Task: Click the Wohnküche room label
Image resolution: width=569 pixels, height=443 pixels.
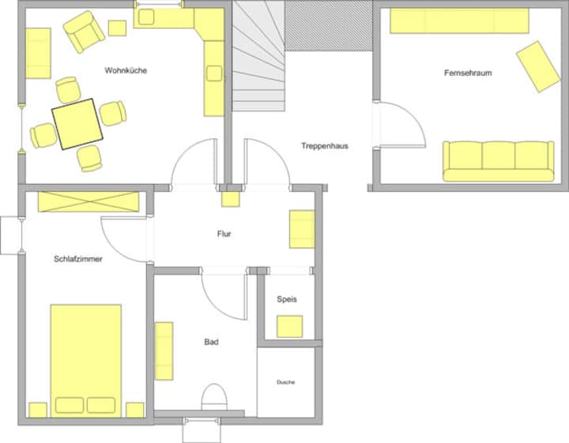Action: [126, 70]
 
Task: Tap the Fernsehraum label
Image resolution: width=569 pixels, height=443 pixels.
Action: [468, 73]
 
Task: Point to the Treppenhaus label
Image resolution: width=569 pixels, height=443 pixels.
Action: [325, 146]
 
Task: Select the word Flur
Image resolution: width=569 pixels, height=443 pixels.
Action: [224, 234]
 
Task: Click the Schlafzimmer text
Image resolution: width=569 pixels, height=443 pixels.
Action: [78, 259]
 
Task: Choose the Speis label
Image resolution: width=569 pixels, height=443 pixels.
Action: [287, 299]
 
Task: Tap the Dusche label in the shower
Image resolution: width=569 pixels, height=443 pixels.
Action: [285, 382]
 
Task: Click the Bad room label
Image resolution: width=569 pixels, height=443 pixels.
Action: [211, 342]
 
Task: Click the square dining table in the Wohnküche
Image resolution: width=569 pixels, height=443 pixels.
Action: [77, 124]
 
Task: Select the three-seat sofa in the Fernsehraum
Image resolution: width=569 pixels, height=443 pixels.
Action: [498, 161]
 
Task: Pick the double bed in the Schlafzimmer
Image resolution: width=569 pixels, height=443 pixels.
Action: [85, 360]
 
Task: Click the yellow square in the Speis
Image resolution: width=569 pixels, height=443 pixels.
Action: [289, 327]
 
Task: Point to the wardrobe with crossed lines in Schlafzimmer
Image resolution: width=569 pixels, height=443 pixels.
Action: [89, 201]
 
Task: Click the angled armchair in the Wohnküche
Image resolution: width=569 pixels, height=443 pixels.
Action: [85, 31]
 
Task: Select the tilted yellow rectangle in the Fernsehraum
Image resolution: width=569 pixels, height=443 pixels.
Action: [538, 66]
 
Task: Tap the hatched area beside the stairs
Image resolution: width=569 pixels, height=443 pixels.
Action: [329, 25]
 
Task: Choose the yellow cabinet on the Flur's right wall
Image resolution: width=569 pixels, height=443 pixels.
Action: [302, 229]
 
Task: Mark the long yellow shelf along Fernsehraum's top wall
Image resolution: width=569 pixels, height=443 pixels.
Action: [459, 21]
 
